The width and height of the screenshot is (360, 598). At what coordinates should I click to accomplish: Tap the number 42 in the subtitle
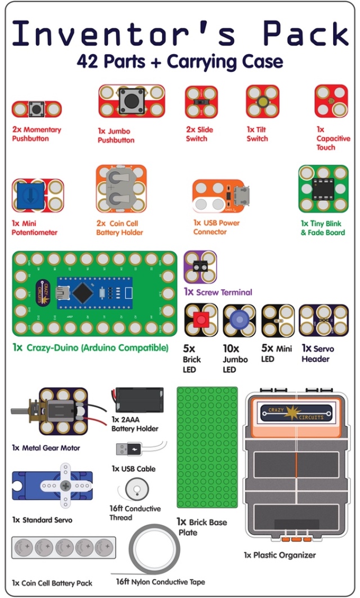[88, 61]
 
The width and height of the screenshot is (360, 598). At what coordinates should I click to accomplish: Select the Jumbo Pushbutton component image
[132, 101]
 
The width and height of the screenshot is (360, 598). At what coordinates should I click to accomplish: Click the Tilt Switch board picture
[263, 102]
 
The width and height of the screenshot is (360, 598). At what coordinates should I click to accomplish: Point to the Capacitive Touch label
[332, 138]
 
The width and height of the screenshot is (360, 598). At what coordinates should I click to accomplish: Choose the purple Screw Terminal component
[200, 267]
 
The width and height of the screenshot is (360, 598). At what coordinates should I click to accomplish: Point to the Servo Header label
[317, 354]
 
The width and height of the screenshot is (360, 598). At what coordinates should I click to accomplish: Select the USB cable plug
[128, 449]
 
